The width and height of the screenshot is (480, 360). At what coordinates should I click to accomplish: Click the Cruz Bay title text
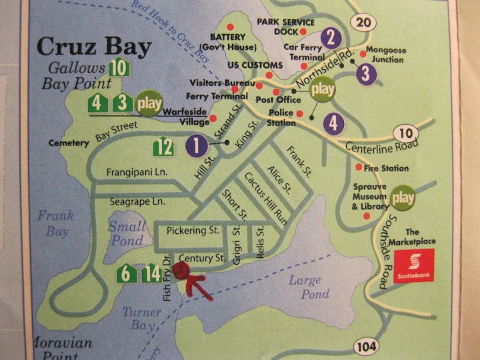click(93, 47)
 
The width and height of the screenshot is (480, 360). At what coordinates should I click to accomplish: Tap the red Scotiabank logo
click(413, 266)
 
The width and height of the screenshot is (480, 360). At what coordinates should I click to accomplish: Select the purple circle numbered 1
click(197, 144)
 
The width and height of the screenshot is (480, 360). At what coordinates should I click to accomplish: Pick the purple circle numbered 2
click(331, 37)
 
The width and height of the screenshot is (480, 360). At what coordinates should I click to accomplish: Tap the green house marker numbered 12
click(164, 145)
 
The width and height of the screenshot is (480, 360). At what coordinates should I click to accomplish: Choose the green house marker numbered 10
click(118, 67)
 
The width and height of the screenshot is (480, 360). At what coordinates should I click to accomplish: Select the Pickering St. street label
click(193, 231)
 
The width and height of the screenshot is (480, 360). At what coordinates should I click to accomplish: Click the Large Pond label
click(309, 287)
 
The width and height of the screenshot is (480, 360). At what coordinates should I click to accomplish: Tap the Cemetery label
click(69, 143)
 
